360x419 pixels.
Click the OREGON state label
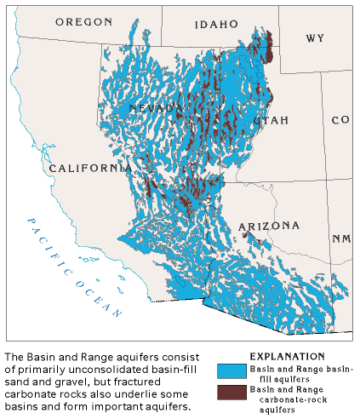coord(83,21)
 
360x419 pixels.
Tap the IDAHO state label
coord(215,25)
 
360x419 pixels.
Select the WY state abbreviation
coord(315,38)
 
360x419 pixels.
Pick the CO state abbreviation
coord(340,120)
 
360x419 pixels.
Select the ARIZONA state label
coord(268,226)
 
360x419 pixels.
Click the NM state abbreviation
coord(341,238)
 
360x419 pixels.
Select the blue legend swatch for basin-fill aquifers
coord(230,370)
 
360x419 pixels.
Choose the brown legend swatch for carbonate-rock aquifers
coord(230,393)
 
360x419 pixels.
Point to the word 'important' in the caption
coord(119,406)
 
